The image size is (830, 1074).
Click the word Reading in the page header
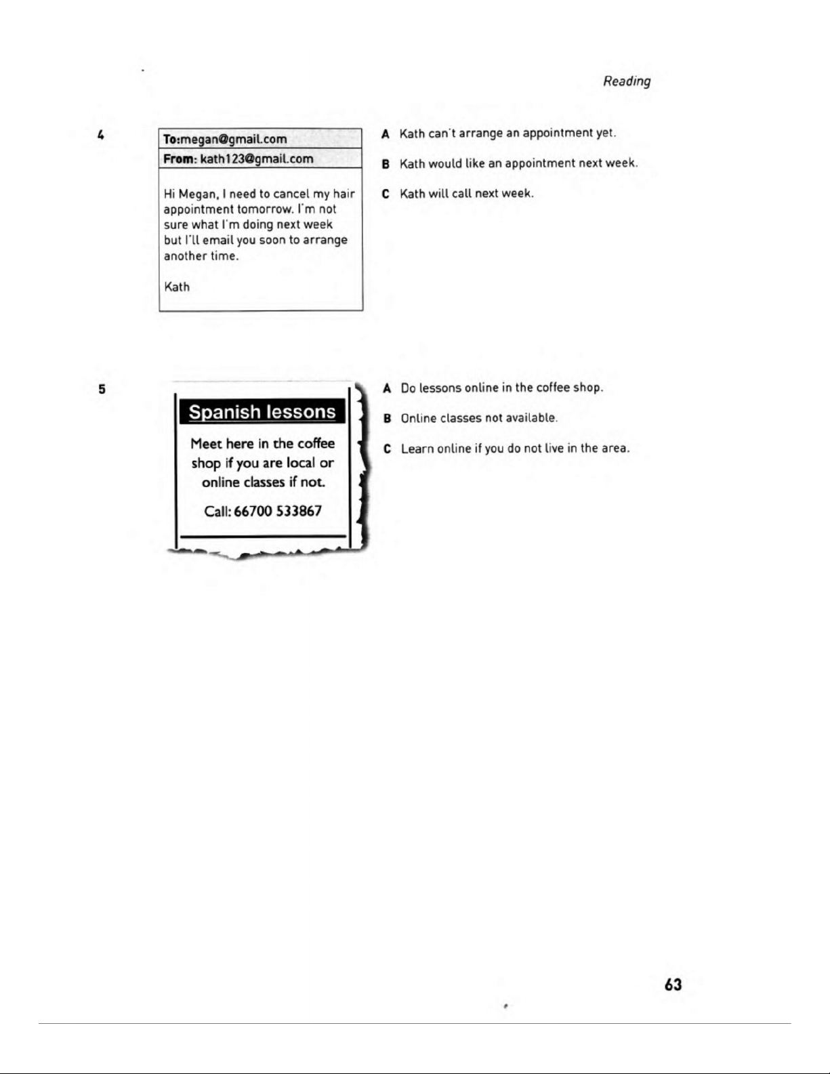point(627,81)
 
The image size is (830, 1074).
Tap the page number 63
point(673,985)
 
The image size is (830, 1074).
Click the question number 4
point(100,136)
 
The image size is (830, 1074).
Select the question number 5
point(102,389)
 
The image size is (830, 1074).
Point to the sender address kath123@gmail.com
point(257,159)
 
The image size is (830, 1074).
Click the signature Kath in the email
point(177,287)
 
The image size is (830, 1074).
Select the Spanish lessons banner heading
point(262,412)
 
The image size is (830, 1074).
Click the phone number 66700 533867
point(277,511)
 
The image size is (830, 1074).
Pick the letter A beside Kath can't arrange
point(386,133)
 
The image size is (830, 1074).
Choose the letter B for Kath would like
point(386,163)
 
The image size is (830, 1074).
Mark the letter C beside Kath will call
point(386,194)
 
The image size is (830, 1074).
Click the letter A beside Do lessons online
point(387,388)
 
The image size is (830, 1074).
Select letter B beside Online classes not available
point(387,418)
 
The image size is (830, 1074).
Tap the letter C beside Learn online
point(387,449)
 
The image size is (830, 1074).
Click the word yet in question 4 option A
point(605,133)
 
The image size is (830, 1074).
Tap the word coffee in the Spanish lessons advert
point(316,443)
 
